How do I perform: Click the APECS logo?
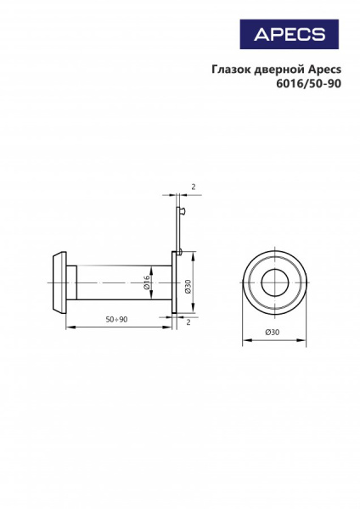pyautogui.click(x=290, y=34)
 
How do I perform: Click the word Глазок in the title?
pyautogui.click(x=231, y=70)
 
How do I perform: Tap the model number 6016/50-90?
pyautogui.click(x=308, y=83)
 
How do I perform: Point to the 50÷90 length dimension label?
pyautogui.click(x=116, y=319)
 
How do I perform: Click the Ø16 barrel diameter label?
pyautogui.click(x=147, y=282)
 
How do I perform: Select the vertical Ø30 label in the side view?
pyautogui.click(x=188, y=287)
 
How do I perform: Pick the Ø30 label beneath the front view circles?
pyautogui.click(x=273, y=332)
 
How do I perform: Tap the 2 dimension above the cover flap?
pyautogui.click(x=194, y=187)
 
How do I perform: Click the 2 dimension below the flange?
pyautogui.click(x=188, y=322)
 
